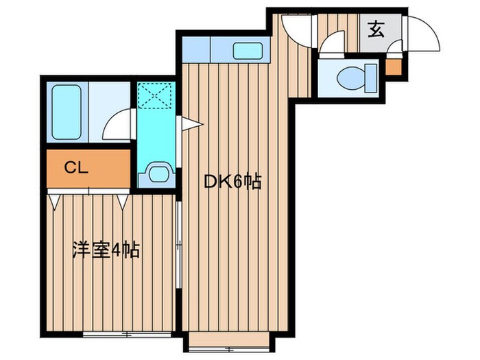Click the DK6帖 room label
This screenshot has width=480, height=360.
point(233,182)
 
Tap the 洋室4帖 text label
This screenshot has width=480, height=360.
point(106,250)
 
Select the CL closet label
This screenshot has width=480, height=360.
point(76,167)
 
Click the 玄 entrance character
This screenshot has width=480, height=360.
point(376,29)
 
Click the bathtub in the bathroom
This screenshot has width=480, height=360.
point(67,112)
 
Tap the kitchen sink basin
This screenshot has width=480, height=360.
point(248,51)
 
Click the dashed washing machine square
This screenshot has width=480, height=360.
point(154,95)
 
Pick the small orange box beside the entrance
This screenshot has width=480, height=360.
point(393,67)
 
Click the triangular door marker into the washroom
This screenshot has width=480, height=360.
point(192,123)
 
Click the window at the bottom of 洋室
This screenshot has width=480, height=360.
point(127,334)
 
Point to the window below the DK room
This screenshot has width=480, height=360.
point(229,348)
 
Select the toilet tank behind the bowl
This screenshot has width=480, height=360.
point(371,78)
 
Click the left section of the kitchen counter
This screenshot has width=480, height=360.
point(196,49)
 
